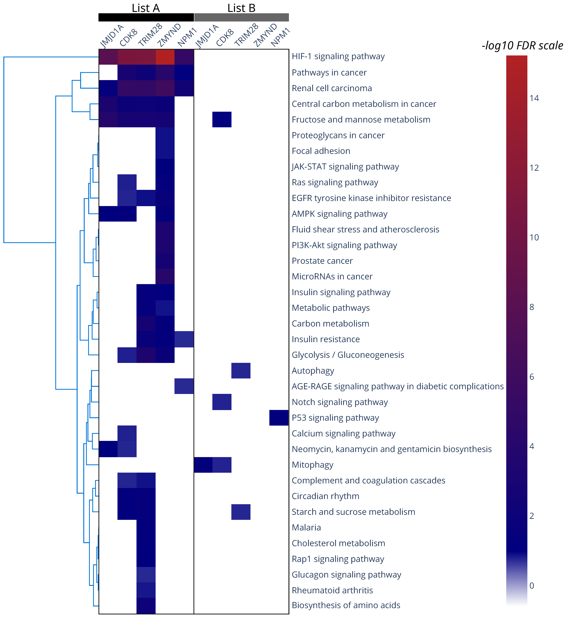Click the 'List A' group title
tap(146, 8)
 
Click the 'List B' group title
tap(241, 8)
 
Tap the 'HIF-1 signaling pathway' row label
tap(338, 56)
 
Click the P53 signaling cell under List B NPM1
tap(279, 418)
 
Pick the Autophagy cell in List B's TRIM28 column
tap(241, 370)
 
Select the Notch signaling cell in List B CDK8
tap(222, 402)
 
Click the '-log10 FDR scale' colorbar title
tap(522, 46)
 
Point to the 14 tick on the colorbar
tap(534, 98)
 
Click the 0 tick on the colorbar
tap(532, 586)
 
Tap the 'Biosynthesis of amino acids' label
tap(346, 605)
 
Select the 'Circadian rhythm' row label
tap(325, 496)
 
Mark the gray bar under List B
tap(241, 17)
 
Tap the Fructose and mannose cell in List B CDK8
tap(222, 119)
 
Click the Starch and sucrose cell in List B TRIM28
tap(241, 512)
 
